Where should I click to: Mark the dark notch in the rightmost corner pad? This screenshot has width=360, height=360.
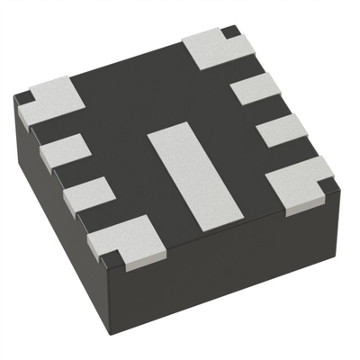coord(329,184)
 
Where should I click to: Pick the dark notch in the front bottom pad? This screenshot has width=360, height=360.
coord(111,261)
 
